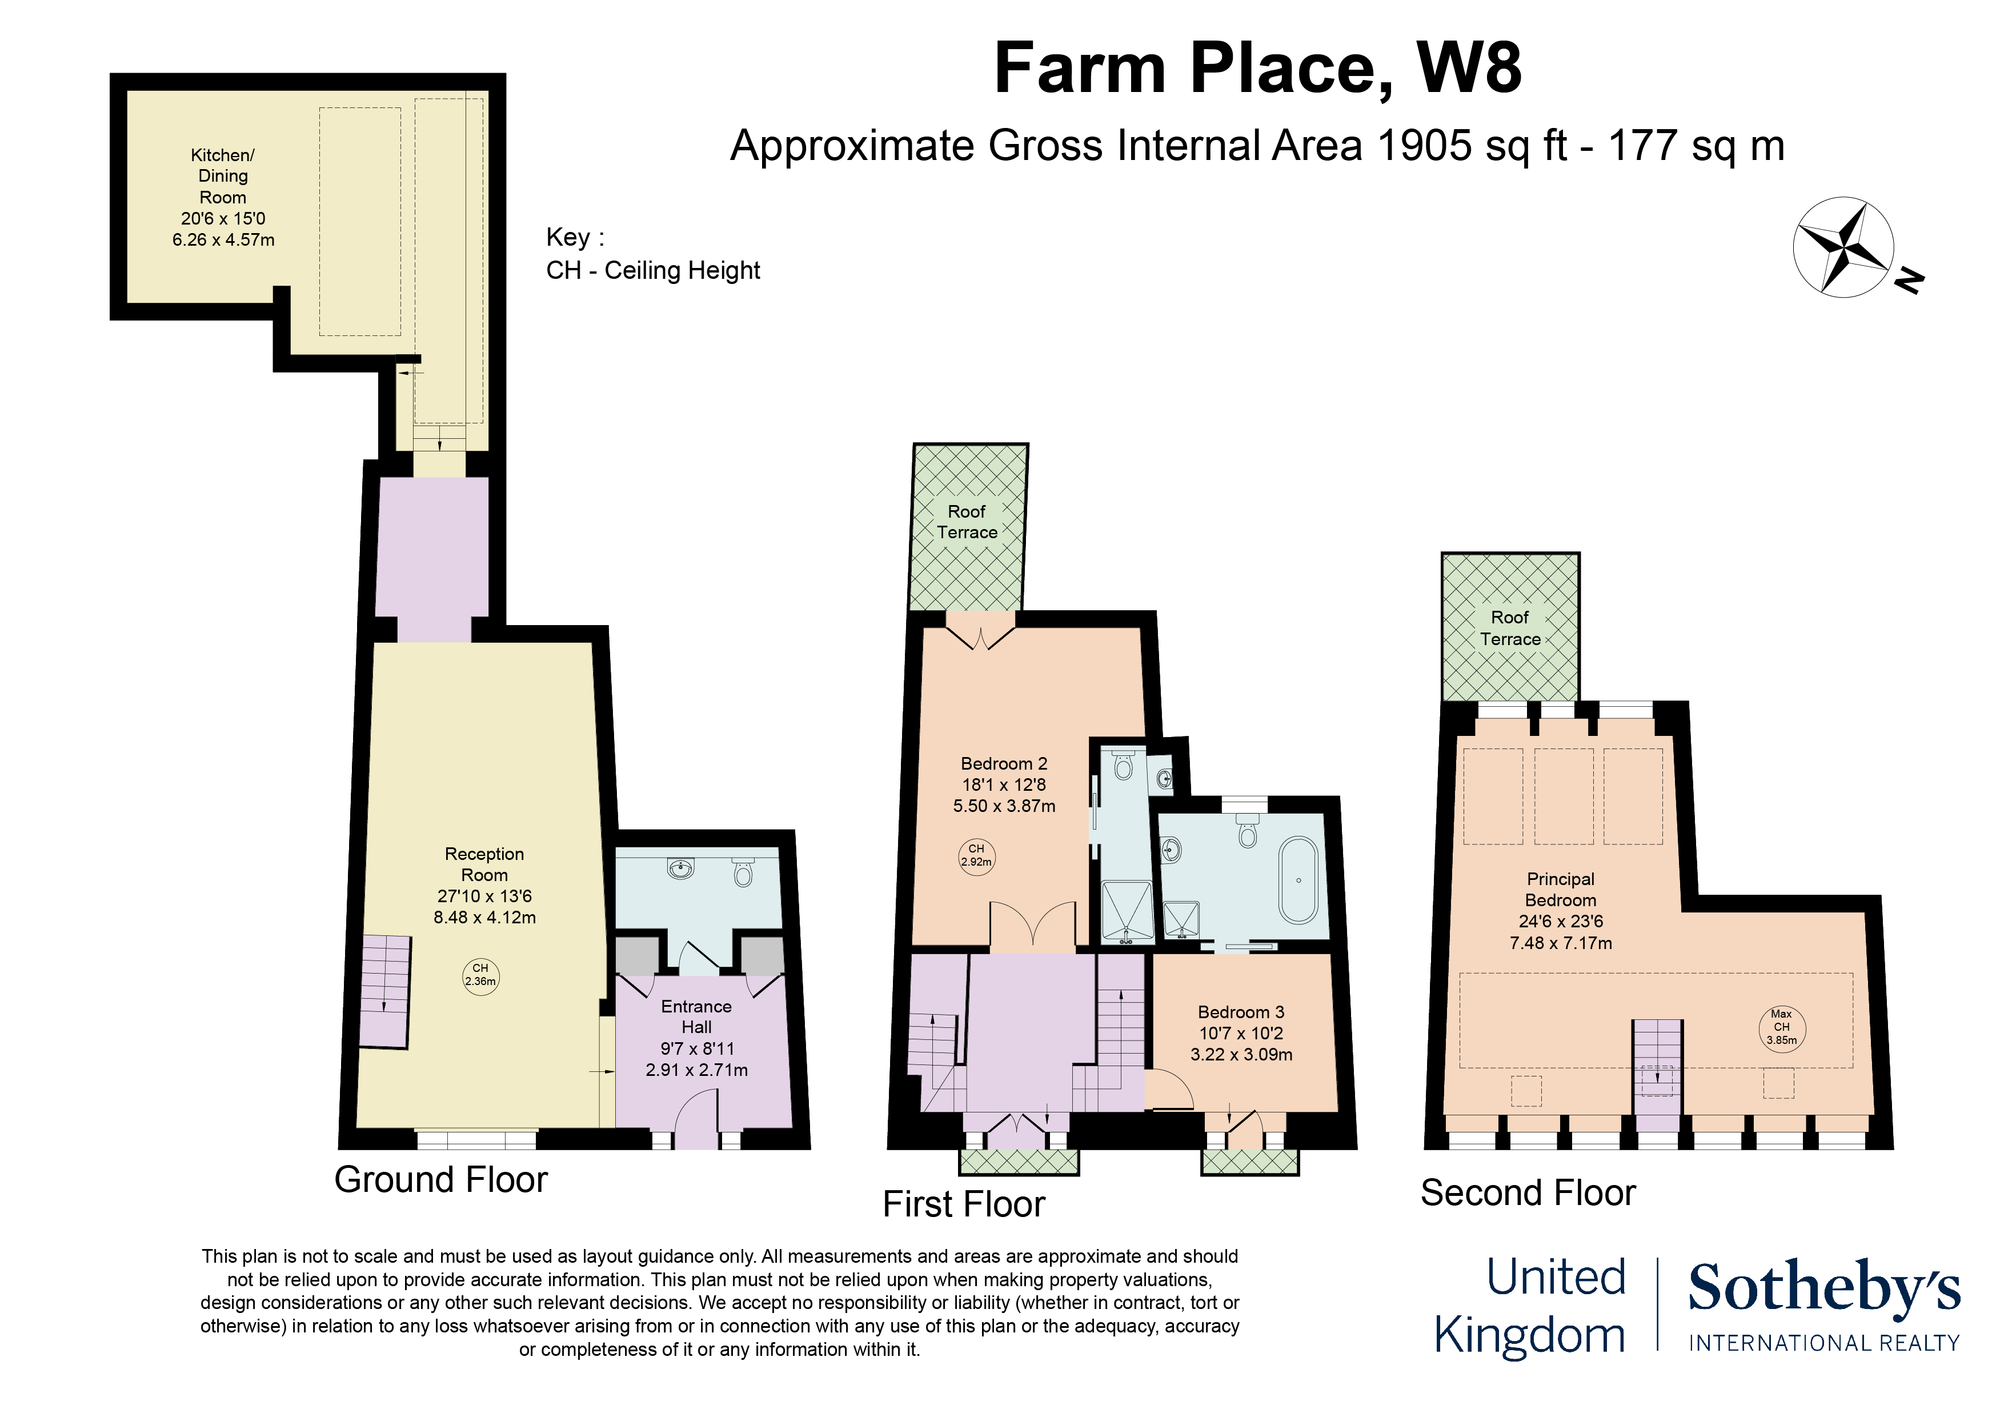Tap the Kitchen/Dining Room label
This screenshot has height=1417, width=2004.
(x=223, y=197)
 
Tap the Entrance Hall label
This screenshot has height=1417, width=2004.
(x=696, y=1038)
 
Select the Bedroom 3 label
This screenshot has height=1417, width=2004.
(x=1241, y=1033)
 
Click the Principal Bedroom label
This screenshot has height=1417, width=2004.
(x=1561, y=911)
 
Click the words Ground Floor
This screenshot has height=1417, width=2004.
(x=441, y=1179)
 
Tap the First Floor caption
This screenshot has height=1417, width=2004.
(x=964, y=1204)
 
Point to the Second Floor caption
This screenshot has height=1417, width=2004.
(x=1528, y=1192)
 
